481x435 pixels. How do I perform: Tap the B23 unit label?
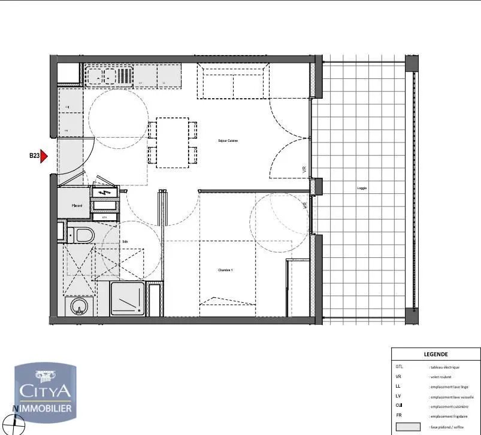(x=34, y=157)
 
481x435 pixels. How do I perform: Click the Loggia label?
(x=362, y=188)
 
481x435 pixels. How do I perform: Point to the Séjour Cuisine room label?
(x=228, y=141)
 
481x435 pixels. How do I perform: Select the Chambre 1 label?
(x=225, y=270)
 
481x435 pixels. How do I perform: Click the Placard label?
(x=77, y=205)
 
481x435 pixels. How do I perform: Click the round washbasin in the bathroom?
(x=78, y=308)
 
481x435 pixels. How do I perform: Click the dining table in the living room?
(x=173, y=142)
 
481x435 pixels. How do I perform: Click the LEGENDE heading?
(x=435, y=354)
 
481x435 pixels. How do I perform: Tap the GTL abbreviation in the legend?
(x=400, y=367)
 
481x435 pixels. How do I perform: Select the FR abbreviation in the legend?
(x=398, y=415)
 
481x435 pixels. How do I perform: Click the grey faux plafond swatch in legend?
(x=408, y=427)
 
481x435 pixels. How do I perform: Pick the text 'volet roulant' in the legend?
(x=442, y=377)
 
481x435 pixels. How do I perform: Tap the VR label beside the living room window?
(x=304, y=171)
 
